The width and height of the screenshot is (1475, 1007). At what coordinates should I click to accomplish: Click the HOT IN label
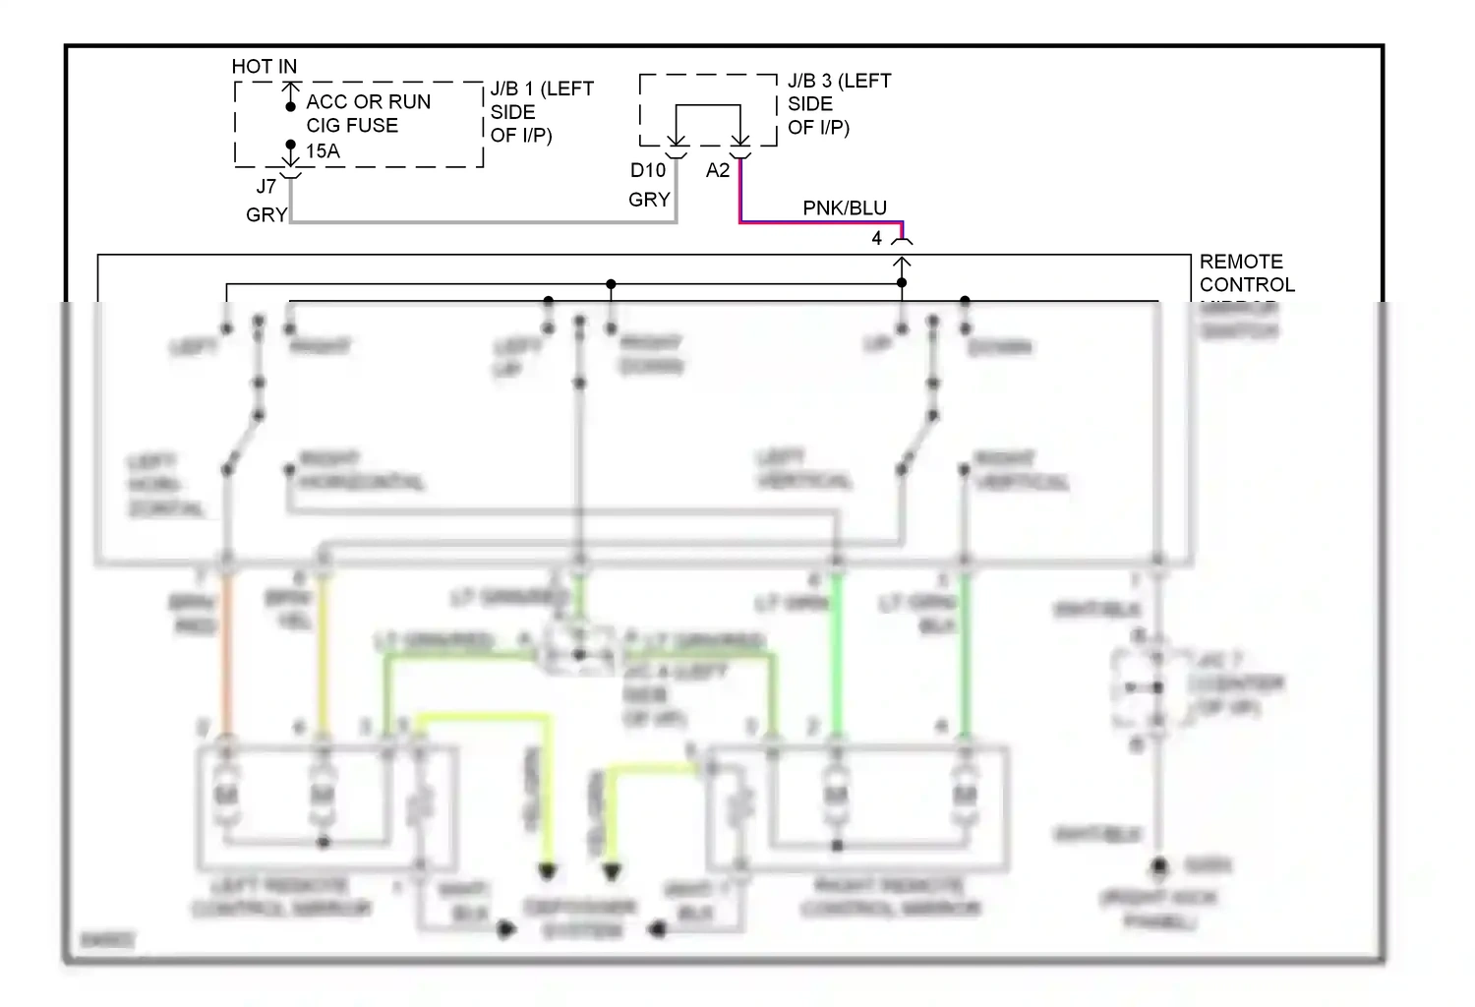pyautogui.click(x=264, y=66)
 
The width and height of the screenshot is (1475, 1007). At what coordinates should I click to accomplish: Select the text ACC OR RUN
pyautogui.click(x=368, y=101)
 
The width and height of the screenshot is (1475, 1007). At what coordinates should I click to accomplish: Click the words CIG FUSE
pyautogui.click(x=352, y=125)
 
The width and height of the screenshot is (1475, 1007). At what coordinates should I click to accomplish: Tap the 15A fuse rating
pyautogui.click(x=323, y=150)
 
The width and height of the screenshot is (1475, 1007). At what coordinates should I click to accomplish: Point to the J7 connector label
pyautogui.click(x=265, y=186)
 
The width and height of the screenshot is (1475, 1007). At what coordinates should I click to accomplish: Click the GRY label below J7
pyautogui.click(x=265, y=214)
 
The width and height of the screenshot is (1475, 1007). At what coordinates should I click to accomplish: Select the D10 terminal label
pyautogui.click(x=647, y=170)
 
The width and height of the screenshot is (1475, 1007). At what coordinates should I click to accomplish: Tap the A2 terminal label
pyautogui.click(x=718, y=170)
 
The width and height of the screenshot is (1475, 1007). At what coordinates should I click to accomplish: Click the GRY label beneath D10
pyautogui.click(x=649, y=200)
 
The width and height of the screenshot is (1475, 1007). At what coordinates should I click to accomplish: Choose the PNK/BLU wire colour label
pyautogui.click(x=845, y=207)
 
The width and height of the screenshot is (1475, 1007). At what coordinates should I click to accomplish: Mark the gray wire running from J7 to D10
pyautogui.click(x=482, y=222)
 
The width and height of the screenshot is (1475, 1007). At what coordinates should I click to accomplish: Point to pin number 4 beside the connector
pyautogui.click(x=876, y=238)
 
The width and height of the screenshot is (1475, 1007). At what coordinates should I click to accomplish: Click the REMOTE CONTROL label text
pyautogui.click(x=1246, y=273)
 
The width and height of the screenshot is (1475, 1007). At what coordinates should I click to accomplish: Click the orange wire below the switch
pyautogui.click(x=227, y=649)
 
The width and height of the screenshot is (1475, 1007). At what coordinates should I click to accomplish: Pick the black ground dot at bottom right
pyautogui.click(x=1159, y=866)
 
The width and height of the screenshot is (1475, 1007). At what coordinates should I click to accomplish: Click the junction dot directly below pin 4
pyautogui.click(x=902, y=283)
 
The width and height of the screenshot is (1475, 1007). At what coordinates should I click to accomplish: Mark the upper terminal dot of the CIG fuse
pyautogui.click(x=290, y=106)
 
